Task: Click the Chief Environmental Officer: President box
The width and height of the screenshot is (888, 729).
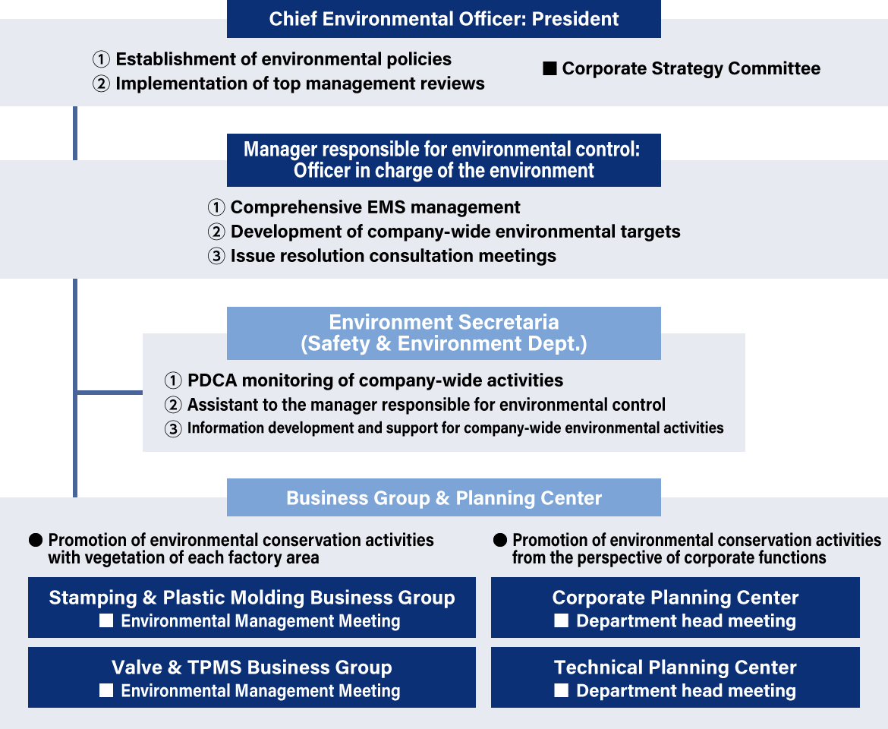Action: pyautogui.click(x=443, y=19)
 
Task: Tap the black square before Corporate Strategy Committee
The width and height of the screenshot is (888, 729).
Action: pyautogui.click(x=549, y=68)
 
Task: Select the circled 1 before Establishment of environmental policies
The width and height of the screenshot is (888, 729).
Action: pyautogui.click(x=101, y=59)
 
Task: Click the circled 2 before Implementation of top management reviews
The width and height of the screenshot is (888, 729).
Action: pyautogui.click(x=101, y=84)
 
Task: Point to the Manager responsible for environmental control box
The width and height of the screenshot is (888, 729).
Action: pyautogui.click(x=443, y=160)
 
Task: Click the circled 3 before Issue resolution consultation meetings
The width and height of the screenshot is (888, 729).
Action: pyautogui.click(x=216, y=256)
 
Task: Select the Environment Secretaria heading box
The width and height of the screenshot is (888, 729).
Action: pyautogui.click(x=443, y=333)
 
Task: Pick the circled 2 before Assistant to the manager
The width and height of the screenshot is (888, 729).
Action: pyautogui.click(x=173, y=405)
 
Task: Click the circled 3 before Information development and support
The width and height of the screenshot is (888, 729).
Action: pyautogui.click(x=173, y=429)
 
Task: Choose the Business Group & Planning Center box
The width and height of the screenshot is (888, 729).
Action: pyautogui.click(x=443, y=497)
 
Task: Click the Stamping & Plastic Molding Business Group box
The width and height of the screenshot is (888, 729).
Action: pyautogui.click(x=252, y=607)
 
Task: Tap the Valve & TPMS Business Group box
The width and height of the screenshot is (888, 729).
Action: pyautogui.click(x=252, y=677)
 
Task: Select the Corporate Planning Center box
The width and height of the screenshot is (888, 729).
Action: pyautogui.click(x=675, y=607)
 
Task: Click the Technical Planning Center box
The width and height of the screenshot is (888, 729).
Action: pyautogui.click(x=675, y=677)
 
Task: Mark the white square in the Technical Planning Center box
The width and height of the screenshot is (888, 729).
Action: pyautogui.click(x=561, y=690)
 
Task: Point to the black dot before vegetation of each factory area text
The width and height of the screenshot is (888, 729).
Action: pyautogui.click(x=36, y=540)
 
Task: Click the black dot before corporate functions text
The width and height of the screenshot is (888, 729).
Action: pyautogui.click(x=500, y=540)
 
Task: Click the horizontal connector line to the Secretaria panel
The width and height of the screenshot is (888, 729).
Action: pyautogui.click(x=109, y=392)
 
